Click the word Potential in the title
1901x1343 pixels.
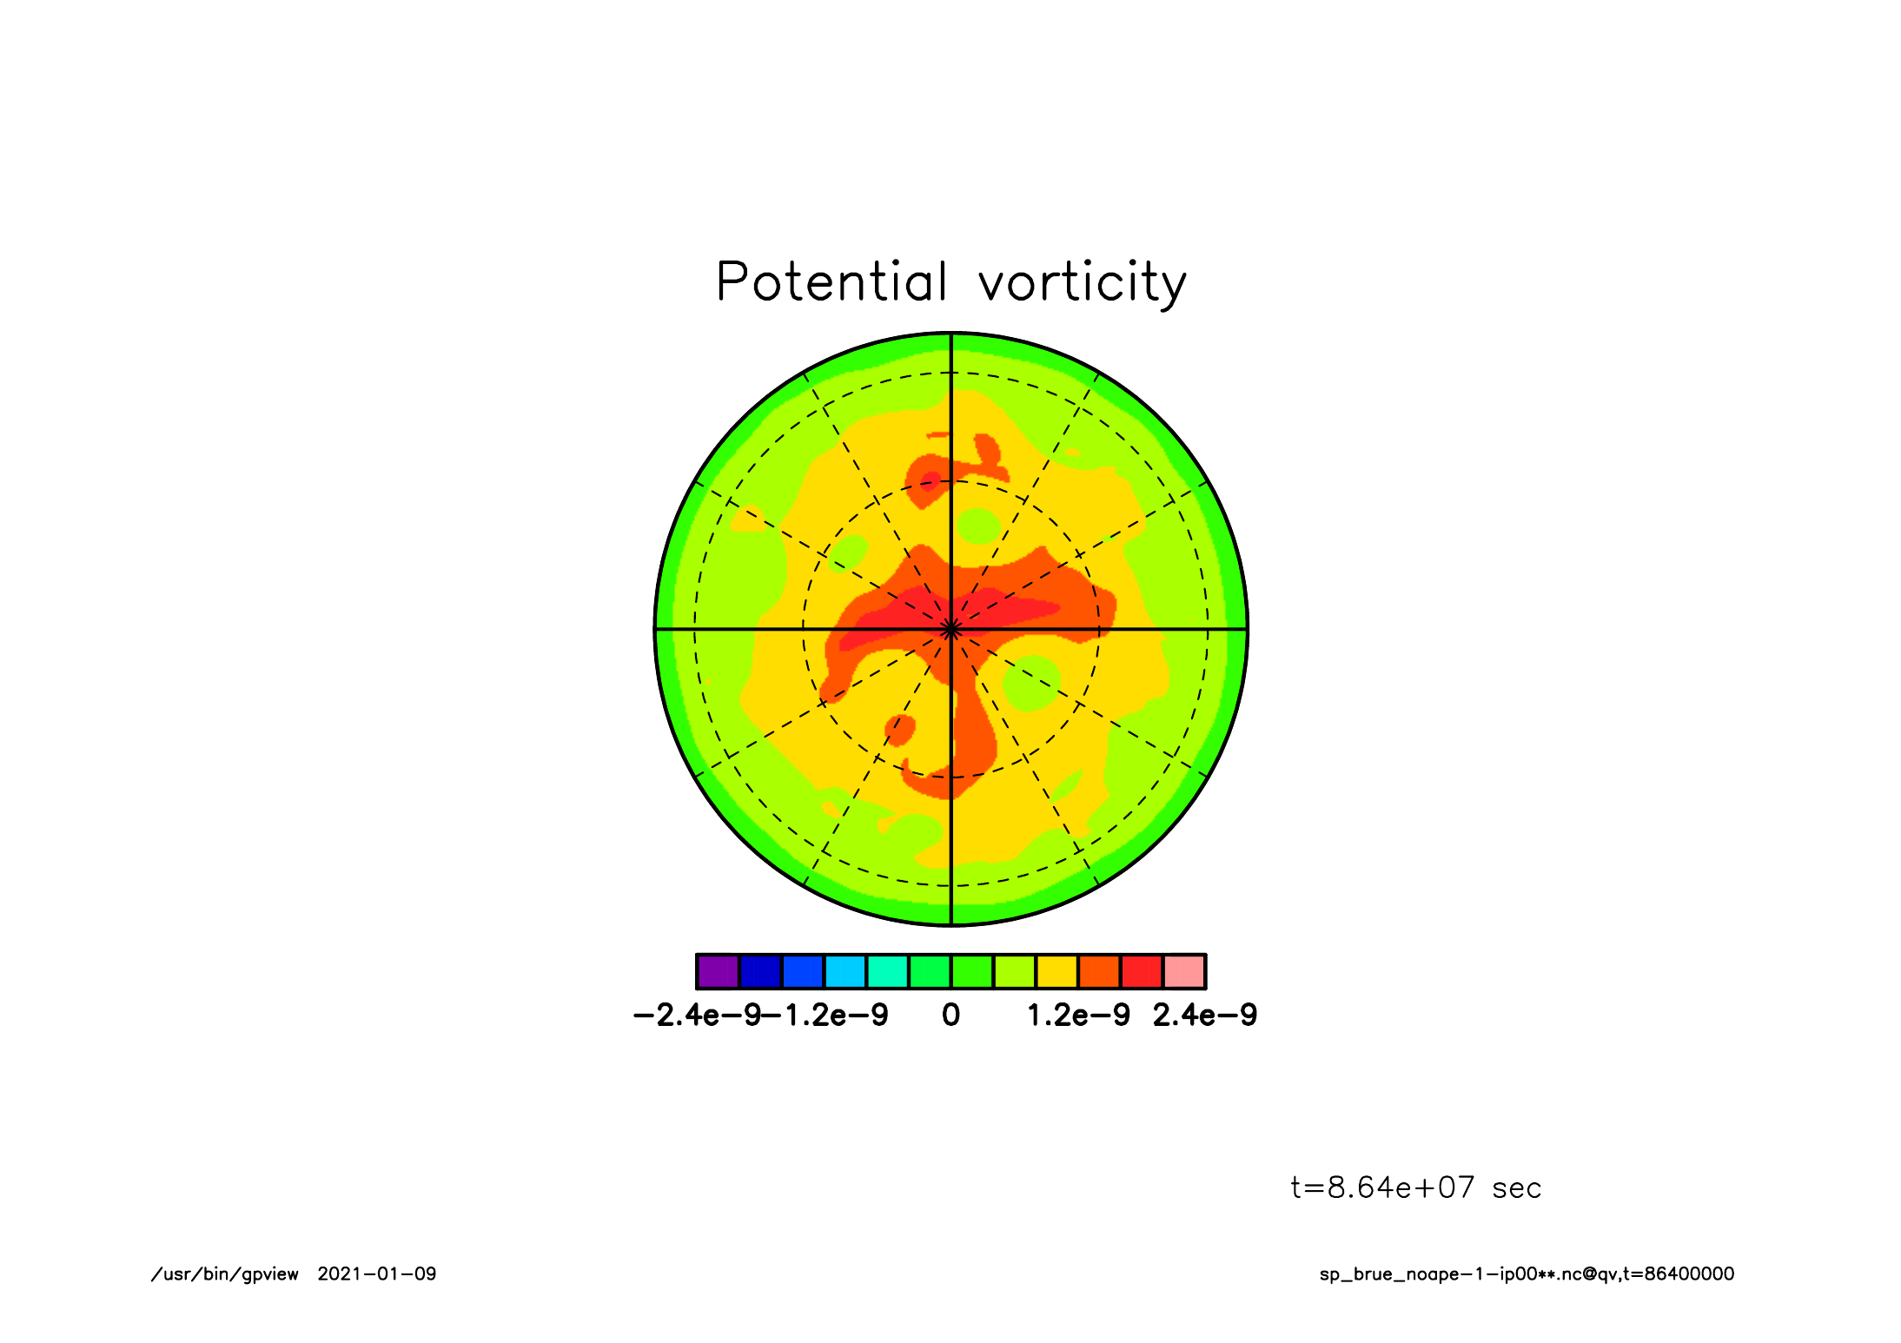click(831, 281)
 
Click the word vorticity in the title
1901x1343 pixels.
click(1083, 283)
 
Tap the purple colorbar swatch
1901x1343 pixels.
click(718, 971)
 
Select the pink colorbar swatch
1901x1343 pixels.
click(1184, 971)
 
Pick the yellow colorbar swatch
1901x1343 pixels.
click(1057, 971)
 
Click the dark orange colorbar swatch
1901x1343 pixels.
click(1099, 971)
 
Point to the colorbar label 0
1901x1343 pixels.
click(951, 1015)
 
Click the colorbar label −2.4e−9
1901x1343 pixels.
click(697, 1015)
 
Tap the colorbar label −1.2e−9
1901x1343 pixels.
click(825, 1015)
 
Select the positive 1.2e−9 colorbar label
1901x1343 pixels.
click(1078, 1015)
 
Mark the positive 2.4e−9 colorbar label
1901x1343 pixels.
click(1205, 1015)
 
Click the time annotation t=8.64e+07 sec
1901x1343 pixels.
click(1416, 1188)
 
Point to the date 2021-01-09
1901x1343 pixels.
click(377, 1274)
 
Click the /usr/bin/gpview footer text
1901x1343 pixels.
click(225, 1274)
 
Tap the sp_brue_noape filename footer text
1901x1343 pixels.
click(1527, 1274)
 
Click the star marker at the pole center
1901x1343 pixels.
click(951, 629)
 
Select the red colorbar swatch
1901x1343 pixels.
click(1142, 971)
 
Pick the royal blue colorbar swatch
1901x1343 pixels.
click(803, 971)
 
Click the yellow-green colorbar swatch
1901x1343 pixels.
click(1015, 971)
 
